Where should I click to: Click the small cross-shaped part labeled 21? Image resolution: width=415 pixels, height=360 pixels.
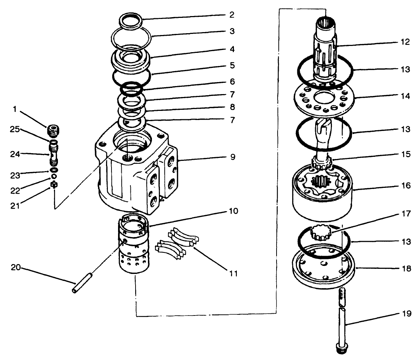pyautogui.click(x=54, y=185)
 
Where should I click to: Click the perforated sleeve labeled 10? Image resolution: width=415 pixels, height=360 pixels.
pyautogui.click(x=134, y=248)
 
